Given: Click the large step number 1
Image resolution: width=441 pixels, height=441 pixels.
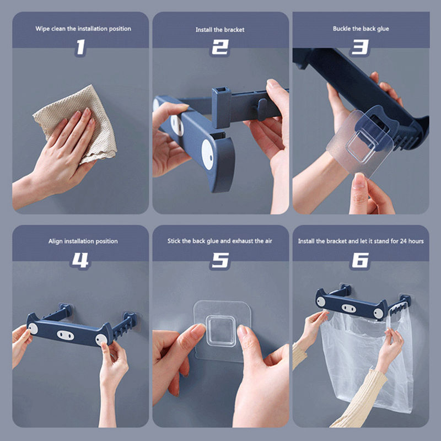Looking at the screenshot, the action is point(80,47).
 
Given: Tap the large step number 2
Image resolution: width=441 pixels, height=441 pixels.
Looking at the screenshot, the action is point(220,47).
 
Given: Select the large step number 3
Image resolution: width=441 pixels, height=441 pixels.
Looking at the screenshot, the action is point(360,47).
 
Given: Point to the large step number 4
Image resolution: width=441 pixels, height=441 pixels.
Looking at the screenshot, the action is point(80,260).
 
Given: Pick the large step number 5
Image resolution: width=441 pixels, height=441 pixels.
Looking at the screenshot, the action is point(220,260).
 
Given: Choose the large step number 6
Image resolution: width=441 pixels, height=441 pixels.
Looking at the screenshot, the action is point(360,260).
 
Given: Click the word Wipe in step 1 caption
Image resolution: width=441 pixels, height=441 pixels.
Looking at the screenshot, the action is point(42,29).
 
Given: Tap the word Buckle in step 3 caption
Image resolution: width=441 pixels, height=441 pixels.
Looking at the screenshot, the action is point(342,29).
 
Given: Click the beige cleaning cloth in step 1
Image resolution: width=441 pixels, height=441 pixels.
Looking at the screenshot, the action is point(76,123).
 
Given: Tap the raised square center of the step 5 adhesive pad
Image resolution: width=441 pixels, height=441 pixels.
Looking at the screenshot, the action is point(221,331).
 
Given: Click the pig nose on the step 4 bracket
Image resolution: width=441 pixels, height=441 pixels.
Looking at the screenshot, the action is point(65,335).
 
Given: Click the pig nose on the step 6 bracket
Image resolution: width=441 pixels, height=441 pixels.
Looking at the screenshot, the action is point(349,309).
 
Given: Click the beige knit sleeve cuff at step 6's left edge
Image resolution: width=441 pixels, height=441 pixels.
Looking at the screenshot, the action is point(299,355).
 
